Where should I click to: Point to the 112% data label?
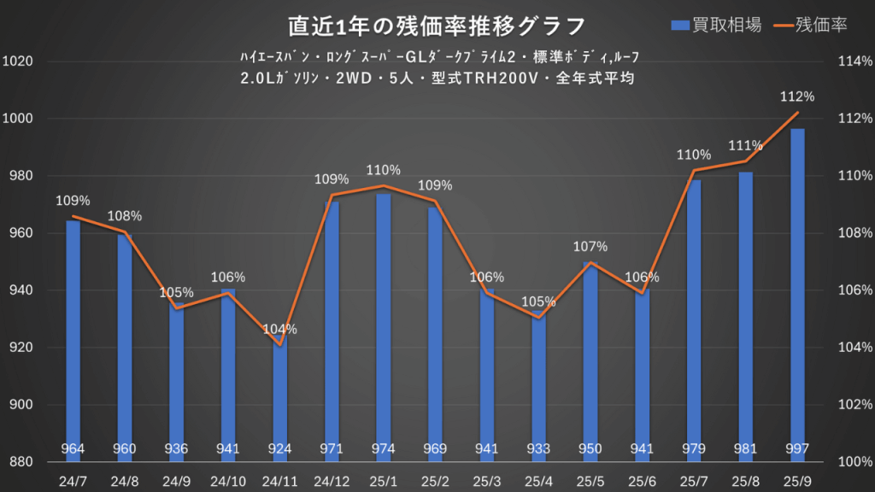pos(797,97)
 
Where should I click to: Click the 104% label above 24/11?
pos(280,330)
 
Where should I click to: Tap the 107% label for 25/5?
pos(590,247)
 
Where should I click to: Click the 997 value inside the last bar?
pos(797,449)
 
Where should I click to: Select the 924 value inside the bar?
pos(280,449)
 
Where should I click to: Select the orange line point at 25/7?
pos(694,170)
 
